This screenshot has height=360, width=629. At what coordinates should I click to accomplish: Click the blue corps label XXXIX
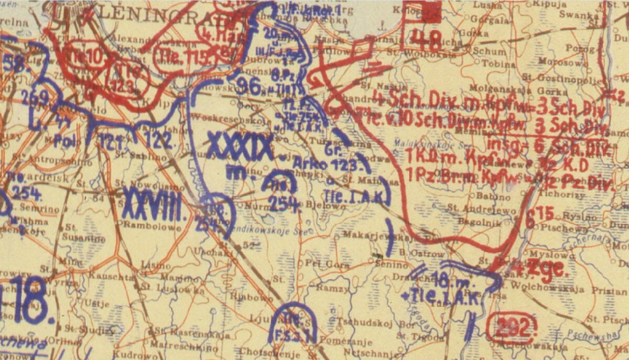click(241, 146)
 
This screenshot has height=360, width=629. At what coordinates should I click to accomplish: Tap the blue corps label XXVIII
click(155, 203)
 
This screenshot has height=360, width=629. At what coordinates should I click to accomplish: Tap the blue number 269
click(36, 99)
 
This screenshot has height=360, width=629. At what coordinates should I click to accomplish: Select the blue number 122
click(157, 139)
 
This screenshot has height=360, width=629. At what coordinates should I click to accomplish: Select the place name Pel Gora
click(330, 265)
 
